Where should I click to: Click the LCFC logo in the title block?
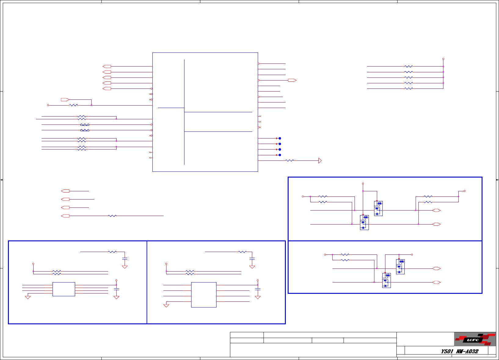[475, 339]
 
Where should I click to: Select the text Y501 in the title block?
[447, 351]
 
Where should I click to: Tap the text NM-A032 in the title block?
[467, 351]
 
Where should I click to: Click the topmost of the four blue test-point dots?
[280, 138]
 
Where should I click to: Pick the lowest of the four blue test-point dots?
[280, 155]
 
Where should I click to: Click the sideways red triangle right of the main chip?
[320, 160]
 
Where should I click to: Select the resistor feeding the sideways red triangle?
[290, 160]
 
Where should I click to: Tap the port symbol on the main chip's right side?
[292, 80]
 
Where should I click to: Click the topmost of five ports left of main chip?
[107, 66]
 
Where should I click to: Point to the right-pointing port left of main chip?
[65, 99]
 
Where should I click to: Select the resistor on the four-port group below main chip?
[112, 216]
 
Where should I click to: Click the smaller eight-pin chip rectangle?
[64, 289]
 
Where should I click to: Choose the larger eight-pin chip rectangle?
[204, 295]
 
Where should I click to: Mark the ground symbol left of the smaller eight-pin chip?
[28, 297]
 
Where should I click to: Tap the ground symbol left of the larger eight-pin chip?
[166, 305]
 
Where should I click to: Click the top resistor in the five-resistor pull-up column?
[409, 66]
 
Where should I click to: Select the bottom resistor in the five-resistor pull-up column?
[409, 88]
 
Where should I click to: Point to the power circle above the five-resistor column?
[443, 59]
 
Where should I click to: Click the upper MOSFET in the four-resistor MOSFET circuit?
[378, 208]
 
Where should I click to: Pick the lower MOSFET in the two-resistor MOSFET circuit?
[387, 280]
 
